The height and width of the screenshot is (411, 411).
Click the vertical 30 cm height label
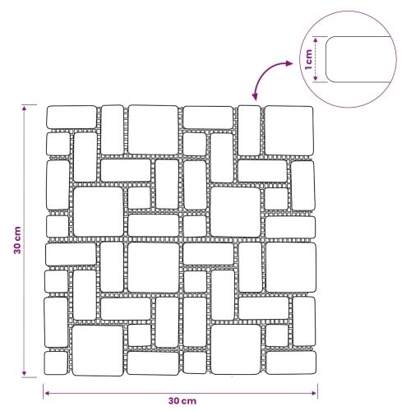click(17, 240)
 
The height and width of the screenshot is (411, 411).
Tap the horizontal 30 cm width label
click(182, 401)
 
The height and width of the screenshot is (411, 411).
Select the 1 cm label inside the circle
click(308, 59)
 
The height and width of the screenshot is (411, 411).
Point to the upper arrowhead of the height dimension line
click(25, 108)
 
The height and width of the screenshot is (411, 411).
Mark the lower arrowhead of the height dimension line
click(24, 373)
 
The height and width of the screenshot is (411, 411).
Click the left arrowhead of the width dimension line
click(47, 393)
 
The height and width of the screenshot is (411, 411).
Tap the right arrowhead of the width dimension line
click(314, 393)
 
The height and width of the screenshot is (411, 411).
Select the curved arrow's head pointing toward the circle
click(289, 63)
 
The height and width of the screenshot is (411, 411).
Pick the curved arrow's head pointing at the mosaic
click(255, 97)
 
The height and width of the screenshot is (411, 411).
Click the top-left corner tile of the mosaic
click(72, 117)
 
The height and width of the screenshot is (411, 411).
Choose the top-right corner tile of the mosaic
click(289, 131)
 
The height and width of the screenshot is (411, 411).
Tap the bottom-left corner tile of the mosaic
click(56, 363)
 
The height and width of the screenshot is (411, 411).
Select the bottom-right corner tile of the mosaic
click(291, 363)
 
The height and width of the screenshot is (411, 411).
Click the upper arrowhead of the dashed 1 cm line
click(316, 39)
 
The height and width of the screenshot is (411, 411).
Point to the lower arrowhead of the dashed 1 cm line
click(316, 79)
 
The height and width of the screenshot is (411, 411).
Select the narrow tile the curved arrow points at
click(249, 131)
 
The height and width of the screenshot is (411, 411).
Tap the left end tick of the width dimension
click(44, 391)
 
